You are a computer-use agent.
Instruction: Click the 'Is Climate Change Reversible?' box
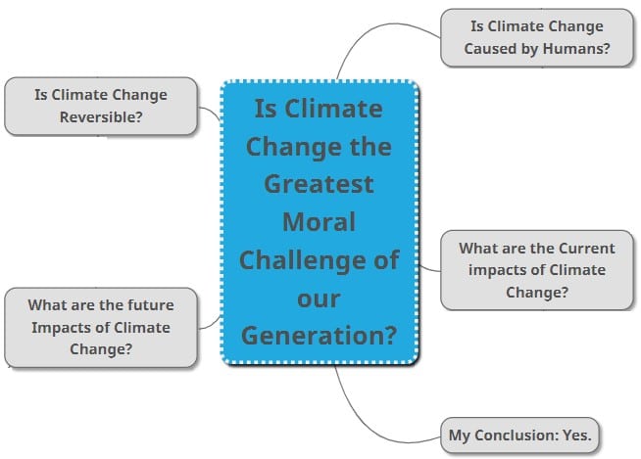pyautogui.click(x=101, y=106)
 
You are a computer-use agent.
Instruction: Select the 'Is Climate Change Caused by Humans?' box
pyautogui.click(x=536, y=38)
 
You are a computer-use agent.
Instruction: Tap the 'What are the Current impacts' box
pyautogui.click(x=536, y=270)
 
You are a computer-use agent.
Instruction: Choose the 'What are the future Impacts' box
pyautogui.click(x=100, y=327)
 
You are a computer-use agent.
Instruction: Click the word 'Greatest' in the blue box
pyautogui.click(x=319, y=183)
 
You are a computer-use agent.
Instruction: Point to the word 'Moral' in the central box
pyautogui.click(x=319, y=221)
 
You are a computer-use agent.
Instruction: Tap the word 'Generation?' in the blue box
pyautogui.click(x=319, y=335)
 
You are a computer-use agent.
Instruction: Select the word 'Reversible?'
pyautogui.click(x=101, y=116)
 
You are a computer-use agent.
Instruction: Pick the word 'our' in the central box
pyautogui.click(x=319, y=297)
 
